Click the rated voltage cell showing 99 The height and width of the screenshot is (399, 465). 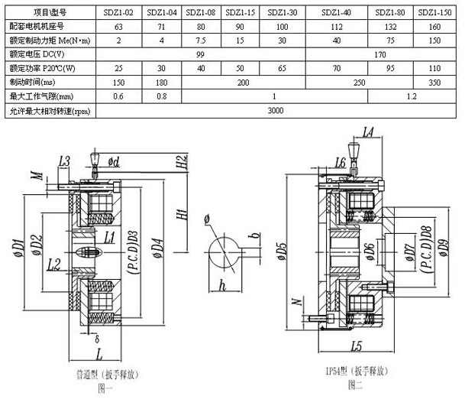click(x=199, y=55)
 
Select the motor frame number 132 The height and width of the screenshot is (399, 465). click(x=390, y=27)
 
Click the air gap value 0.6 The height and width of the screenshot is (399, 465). click(x=119, y=96)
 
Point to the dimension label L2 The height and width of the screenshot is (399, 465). click(x=53, y=265)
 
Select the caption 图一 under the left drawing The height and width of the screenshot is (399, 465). click(x=105, y=388)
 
